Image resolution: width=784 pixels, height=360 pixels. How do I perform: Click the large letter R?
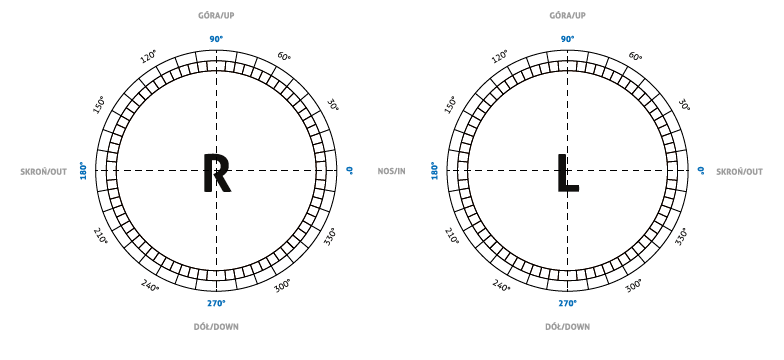point(216,173)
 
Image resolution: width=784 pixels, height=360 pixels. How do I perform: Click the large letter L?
point(568,173)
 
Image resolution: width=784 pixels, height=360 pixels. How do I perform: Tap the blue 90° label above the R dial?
point(216,39)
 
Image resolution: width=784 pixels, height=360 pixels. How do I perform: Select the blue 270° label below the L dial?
point(568,303)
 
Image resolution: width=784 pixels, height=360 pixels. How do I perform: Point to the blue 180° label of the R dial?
point(84,170)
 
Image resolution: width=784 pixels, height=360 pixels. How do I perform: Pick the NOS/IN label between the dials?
point(392,172)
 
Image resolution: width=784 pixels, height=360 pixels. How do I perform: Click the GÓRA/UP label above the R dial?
point(216,16)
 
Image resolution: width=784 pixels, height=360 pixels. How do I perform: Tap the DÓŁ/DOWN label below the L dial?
point(568,327)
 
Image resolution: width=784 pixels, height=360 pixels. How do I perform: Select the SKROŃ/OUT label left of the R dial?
point(44,172)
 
